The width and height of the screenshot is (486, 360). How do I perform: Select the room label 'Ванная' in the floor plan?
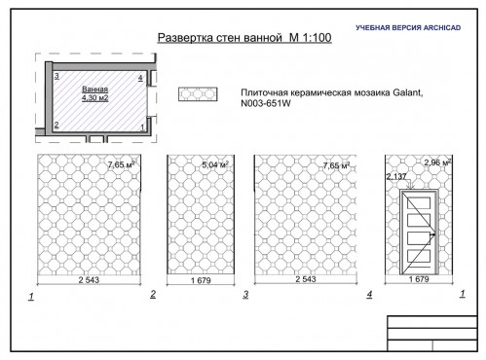[93, 86]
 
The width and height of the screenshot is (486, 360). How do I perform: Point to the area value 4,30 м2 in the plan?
[95, 95]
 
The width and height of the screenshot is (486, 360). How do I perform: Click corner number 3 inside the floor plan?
[57, 76]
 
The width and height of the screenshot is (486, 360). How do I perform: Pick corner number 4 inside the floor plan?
[140, 76]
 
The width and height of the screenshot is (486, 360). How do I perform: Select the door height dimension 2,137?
[395, 176]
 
